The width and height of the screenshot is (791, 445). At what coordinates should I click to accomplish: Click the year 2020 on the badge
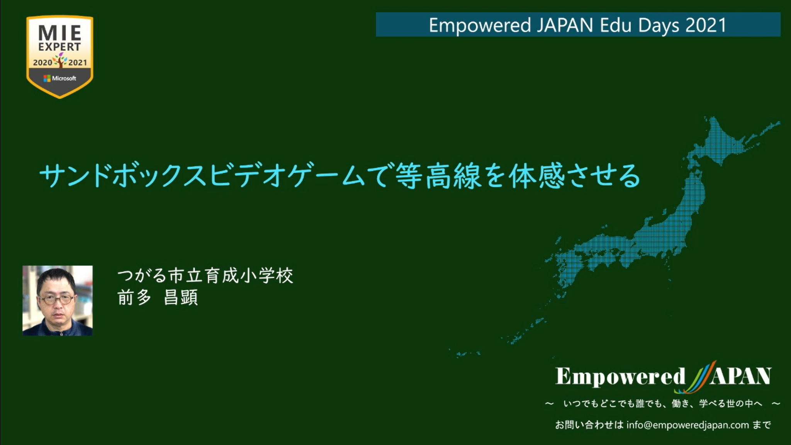point(42,63)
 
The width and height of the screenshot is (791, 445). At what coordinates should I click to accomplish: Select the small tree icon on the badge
point(60,60)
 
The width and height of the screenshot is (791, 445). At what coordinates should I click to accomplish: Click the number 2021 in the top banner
point(706,25)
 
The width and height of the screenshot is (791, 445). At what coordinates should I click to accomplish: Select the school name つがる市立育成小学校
point(205,276)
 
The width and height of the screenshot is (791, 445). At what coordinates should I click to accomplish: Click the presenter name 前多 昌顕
point(158,297)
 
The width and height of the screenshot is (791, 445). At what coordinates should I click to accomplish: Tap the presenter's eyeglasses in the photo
point(57,299)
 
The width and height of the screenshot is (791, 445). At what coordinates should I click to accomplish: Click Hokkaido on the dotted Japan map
point(726,143)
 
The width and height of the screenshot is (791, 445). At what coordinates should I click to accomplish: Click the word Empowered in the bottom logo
point(620,376)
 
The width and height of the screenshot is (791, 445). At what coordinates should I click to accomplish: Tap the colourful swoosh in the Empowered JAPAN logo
point(700,377)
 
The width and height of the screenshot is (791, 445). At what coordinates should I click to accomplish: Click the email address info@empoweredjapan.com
point(687,425)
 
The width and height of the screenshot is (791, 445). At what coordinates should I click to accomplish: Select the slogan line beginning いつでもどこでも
point(663,404)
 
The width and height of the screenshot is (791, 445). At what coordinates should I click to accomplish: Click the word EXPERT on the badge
point(60,47)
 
